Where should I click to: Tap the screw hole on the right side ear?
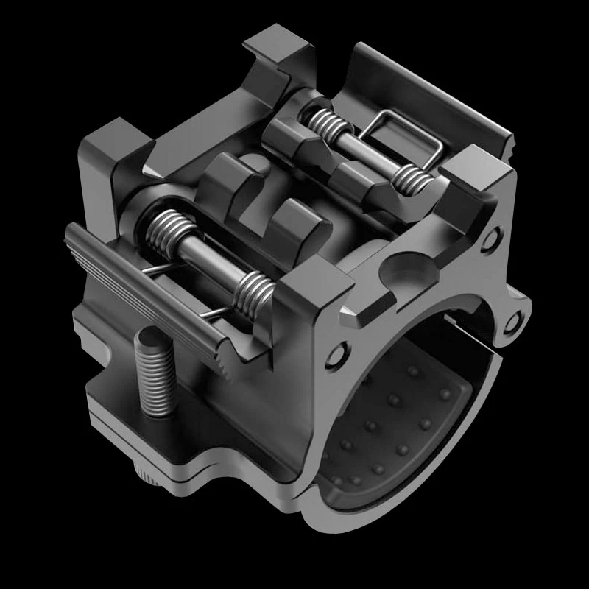pyautogui.click(x=514, y=319)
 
